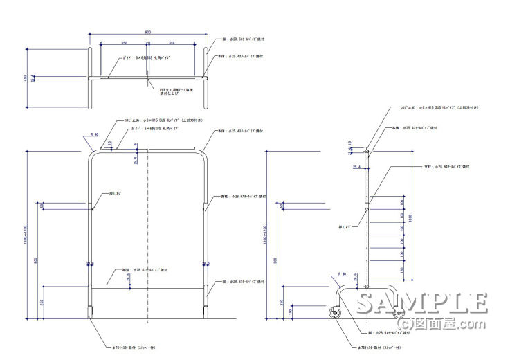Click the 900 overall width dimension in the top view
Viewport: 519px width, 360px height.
[x=148, y=33]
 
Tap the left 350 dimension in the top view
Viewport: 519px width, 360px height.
[x=124, y=43]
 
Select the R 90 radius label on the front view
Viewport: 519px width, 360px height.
[x=95, y=134]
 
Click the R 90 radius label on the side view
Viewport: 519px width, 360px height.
[x=341, y=274]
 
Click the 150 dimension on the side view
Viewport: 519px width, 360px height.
[x=403, y=270]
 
